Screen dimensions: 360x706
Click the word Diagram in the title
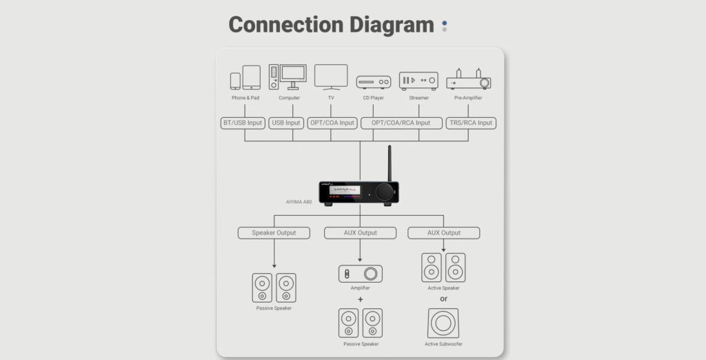(x=381, y=25)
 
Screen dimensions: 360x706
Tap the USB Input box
(x=286, y=123)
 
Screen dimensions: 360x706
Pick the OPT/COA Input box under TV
(x=332, y=123)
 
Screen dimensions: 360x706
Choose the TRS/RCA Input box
(x=471, y=123)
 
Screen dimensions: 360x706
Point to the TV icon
(x=331, y=77)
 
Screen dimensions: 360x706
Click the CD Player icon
(x=373, y=82)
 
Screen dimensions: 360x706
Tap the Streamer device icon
(x=418, y=81)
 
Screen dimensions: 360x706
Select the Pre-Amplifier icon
(x=469, y=79)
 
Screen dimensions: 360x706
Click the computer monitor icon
(x=292, y=76)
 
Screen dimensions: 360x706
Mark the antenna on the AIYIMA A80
(x=390, y=163)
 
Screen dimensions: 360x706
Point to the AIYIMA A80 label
(x=299, y=202)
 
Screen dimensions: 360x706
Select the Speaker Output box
(x=274, y=233)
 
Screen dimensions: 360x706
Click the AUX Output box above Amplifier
(x=360, y=233)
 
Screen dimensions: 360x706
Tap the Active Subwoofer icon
(x=443, y=323)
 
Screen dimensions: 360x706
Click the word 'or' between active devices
(x=443, y=299)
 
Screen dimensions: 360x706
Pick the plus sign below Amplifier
(x=360, y=299)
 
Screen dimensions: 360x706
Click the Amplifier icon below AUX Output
(x=360, y=273)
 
